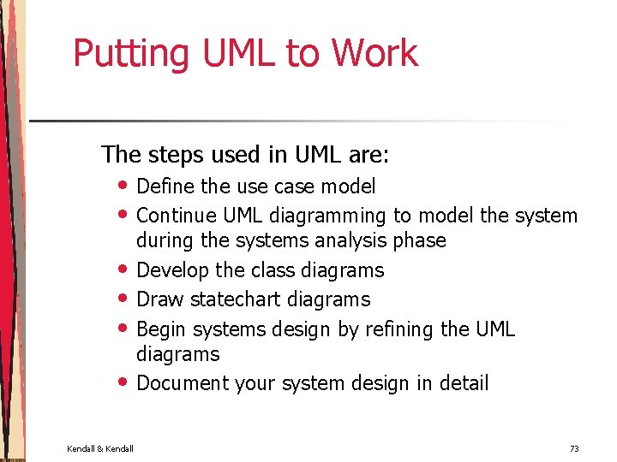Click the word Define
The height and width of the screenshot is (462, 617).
(165, 187)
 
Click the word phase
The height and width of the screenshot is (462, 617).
(419, 240)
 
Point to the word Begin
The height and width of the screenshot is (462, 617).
(162, 329)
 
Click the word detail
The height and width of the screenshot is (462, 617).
(463, 383)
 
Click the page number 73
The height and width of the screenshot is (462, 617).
(573, 448)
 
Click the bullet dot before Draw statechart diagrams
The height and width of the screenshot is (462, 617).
(125, 299)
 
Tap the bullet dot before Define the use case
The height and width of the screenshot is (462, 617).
(125, 187)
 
